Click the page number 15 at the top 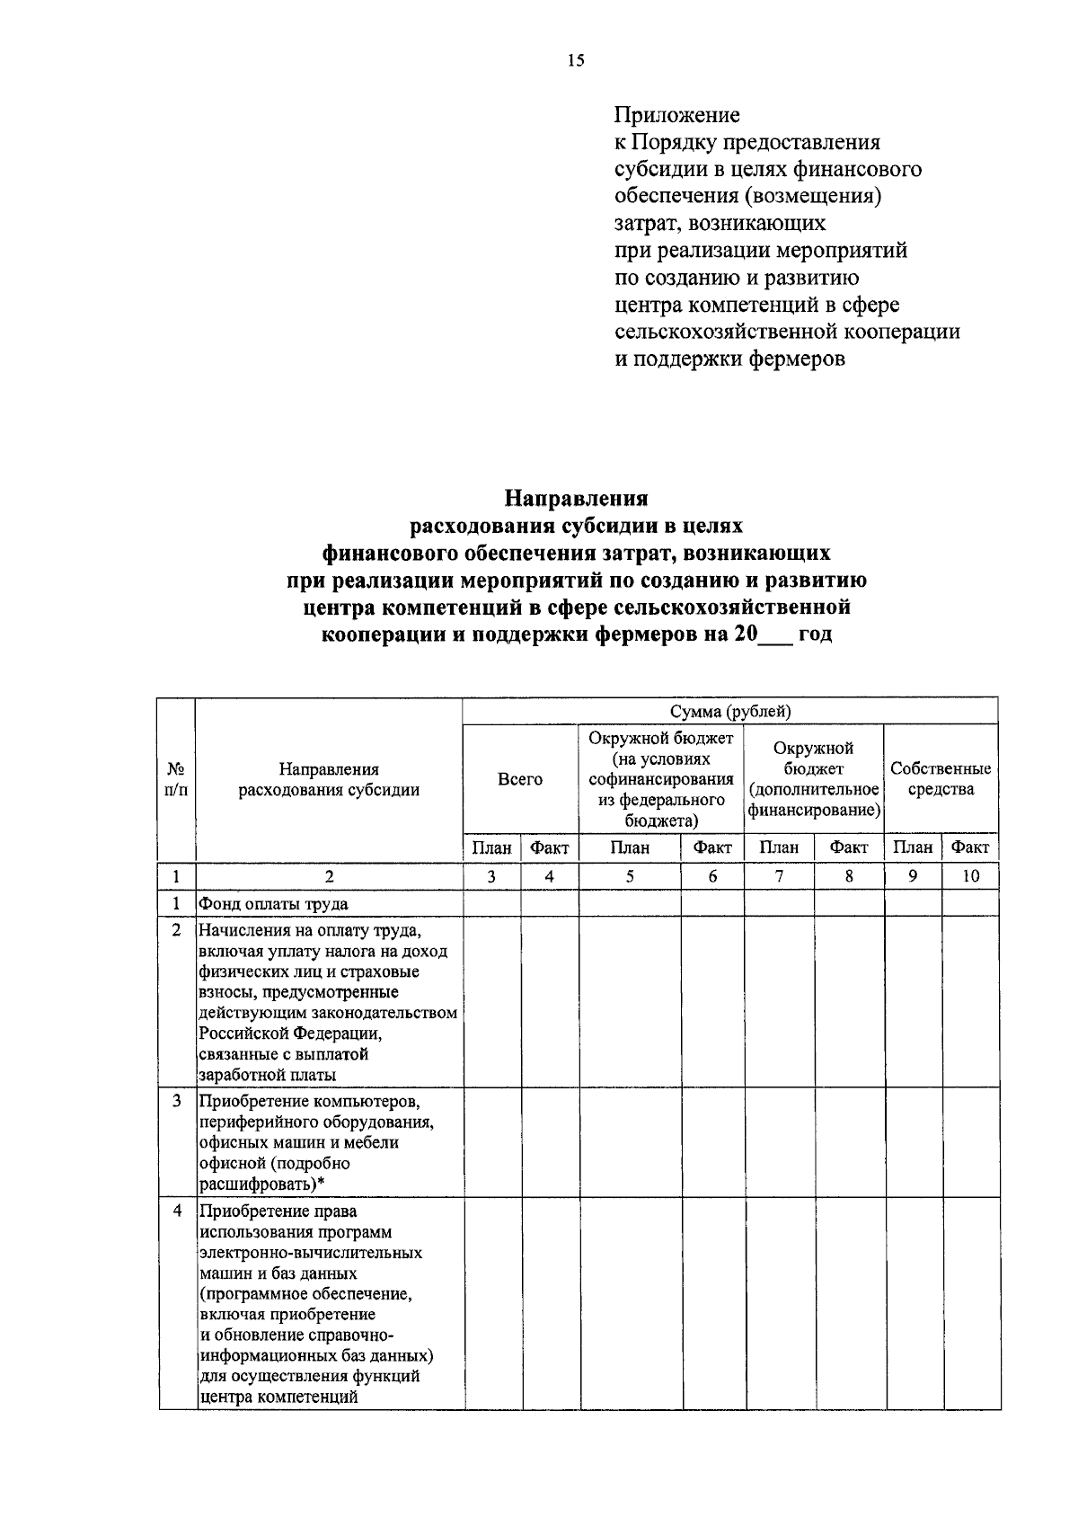pos(576,61)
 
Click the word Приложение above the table pos(677,115)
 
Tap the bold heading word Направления pos(576,497)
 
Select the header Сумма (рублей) pos(730,712)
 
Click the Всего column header pos(520,779)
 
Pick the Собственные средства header pos(941,779)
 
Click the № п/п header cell pos(177,779)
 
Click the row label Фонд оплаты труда pos(273,904)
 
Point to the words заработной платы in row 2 pos(268,1075)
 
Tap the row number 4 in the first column pos(177,1211)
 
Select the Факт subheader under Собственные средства pos(970,847)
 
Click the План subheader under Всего pos(492,847)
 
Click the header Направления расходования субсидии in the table pos(329,779)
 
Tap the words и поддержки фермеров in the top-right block pos(729,359)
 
